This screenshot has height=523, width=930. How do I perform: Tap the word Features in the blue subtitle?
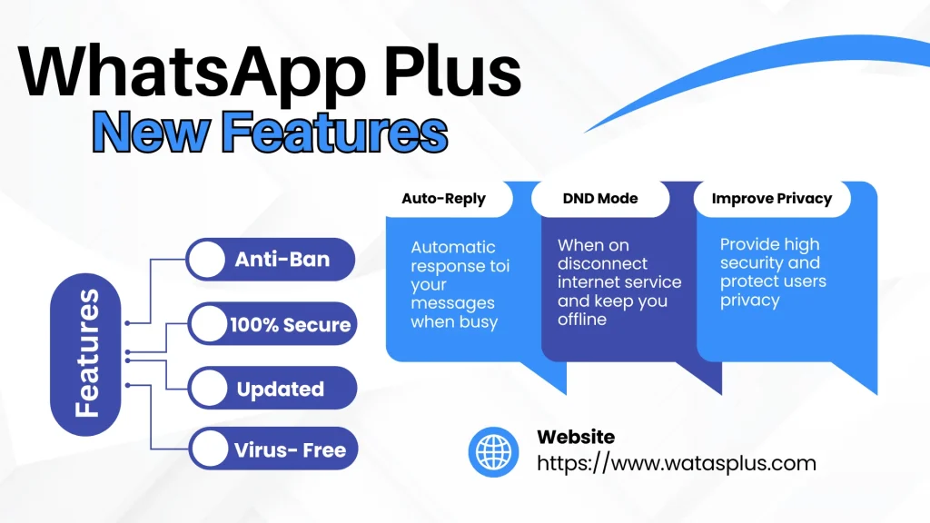tap(335, 132)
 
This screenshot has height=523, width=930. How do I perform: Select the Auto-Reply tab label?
tap(443, 199)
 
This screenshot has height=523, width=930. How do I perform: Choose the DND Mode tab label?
tap(600, 199)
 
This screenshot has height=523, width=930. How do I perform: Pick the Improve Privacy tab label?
tap(772, 199)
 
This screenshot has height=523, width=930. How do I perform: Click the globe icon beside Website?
tap(493, 451)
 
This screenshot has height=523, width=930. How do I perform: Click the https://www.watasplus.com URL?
tap(676, 464)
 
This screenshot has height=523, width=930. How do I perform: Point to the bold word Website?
tap(576, 438)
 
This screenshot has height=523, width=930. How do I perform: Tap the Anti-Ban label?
tap(282, 260)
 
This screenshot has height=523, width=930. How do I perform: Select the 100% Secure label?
tap(290, 324)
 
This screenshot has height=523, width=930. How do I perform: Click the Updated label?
tap(280, 390)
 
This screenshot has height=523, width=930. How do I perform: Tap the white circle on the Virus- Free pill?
tap(210, 449)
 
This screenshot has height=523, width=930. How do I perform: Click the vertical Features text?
tap(87, 353)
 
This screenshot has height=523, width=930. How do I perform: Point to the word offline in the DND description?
tap(582, 320)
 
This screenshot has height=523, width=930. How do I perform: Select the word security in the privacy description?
tap(751, 263)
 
